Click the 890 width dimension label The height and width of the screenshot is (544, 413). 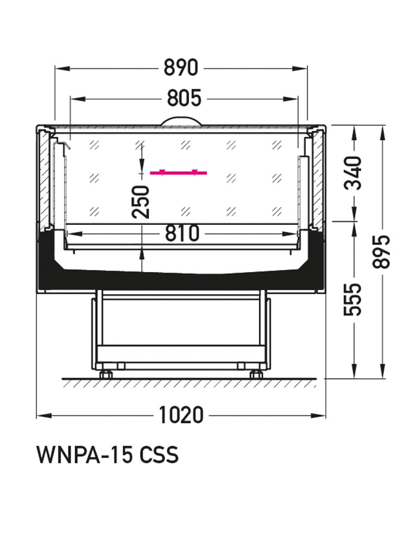181,68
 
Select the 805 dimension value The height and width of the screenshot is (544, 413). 184,98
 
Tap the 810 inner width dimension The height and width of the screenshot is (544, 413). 182,233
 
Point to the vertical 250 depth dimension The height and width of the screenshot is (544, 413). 141,202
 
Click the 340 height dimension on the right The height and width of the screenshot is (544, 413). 353,173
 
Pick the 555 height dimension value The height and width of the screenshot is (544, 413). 353,299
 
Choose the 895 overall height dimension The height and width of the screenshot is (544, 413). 381,251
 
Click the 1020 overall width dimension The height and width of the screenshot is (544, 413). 181,415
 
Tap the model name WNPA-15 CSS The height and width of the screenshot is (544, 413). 107,454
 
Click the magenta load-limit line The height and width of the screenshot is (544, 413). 179,172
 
